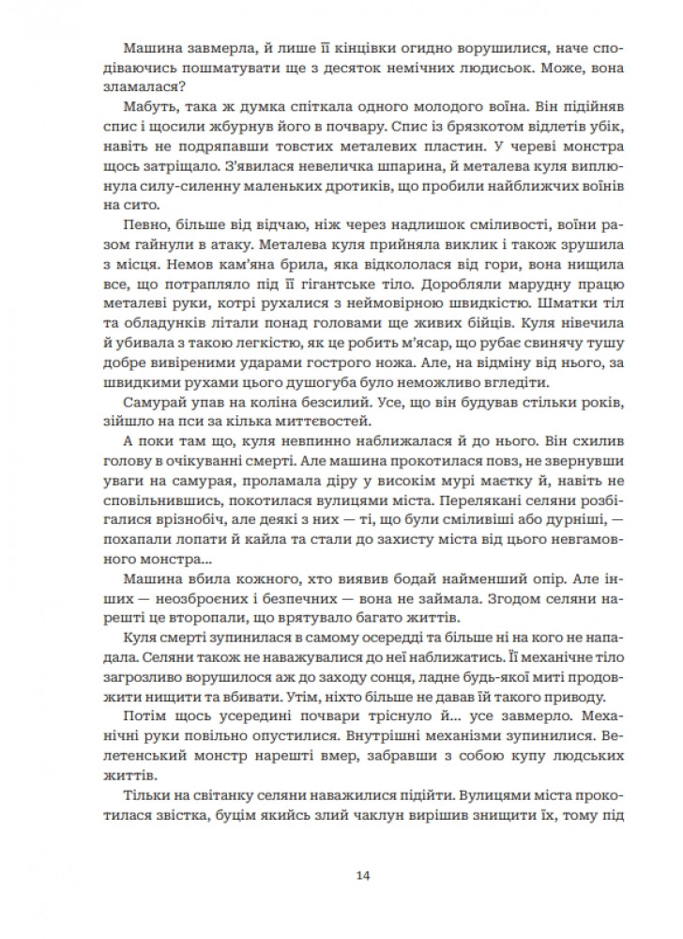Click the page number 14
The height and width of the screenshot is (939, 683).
pos(363,876)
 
